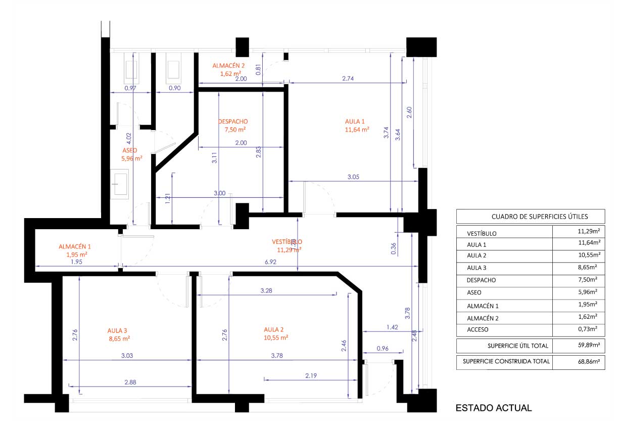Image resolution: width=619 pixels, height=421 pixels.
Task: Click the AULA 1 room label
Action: pyautogui.click(x=355, y=121)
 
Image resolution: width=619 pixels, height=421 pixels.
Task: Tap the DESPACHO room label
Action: pyautogui.click(x=233, y=121)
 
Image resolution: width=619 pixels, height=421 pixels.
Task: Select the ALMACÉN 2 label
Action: pyautogui.click(x=228, y=66)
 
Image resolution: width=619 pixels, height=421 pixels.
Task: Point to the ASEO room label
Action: pyautogui.click(x=129, y=150)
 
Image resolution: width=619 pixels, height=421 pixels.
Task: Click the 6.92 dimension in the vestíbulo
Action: pyautogui.click(x=270, y=262)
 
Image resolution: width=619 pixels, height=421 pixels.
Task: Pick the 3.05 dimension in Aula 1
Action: pyautogui.click(x=353, y=177)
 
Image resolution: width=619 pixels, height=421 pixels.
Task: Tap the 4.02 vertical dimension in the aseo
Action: pyautogui.click(x=129, y=139)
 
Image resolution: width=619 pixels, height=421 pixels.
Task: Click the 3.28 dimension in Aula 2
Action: pyautogui.click(x=266, y=290)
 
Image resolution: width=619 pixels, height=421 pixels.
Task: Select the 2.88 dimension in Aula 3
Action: pyautogui.click(x=130, y=382)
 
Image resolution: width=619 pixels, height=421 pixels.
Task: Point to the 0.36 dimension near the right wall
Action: pyautogui.click(x=394, y=248)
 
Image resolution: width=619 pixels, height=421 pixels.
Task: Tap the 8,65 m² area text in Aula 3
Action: pyautogui.click(x=119, y=339)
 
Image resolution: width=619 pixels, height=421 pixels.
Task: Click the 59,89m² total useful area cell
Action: pyautogui.click(x=589, y=345)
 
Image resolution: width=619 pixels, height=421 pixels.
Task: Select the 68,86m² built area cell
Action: pyautogui.click(x=589, y=361)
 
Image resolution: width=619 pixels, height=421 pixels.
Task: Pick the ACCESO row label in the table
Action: pyautogui.click(x=478, y=329)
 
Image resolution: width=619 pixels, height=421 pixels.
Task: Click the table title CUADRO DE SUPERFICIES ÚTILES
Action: pyautogui.click(x=540, y=217)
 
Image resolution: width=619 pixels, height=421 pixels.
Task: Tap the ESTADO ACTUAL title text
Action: pyautogui.click(x=494, y=408)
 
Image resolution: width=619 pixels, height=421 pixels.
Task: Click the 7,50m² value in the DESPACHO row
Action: pyautogui.click(x=588, y=279)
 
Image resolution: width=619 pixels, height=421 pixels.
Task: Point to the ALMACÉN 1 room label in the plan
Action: pyautogui.click(x=75, y=246)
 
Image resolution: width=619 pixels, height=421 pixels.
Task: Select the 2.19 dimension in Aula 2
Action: pyautogui.click(x=311, y=375)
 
